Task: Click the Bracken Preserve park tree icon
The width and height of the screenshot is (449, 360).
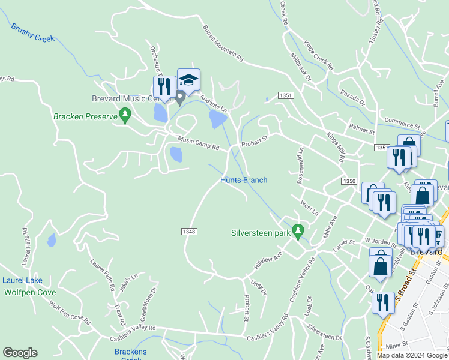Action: [x=125, y=113]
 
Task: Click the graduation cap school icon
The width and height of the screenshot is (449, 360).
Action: [x=188, y=80]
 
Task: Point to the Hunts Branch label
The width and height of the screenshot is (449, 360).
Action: [x=244, y=180]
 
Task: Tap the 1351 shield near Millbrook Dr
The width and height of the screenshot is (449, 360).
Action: [x=286, y=95]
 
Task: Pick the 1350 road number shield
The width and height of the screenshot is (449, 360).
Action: [x=349, y=181]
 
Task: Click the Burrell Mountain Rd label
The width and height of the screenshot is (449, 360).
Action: [x=223, y=44]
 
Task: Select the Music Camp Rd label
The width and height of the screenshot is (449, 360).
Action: [x=199, y=144]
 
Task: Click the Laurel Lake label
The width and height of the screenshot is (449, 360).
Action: [x=22, y=280]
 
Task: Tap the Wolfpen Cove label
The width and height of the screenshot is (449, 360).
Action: [x=30, y=292]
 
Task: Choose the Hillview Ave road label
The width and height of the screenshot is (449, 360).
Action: [x=268, y=260]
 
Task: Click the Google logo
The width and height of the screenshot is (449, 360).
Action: [x=20, y=353]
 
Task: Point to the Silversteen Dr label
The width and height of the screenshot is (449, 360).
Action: [x=324, y=333]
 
